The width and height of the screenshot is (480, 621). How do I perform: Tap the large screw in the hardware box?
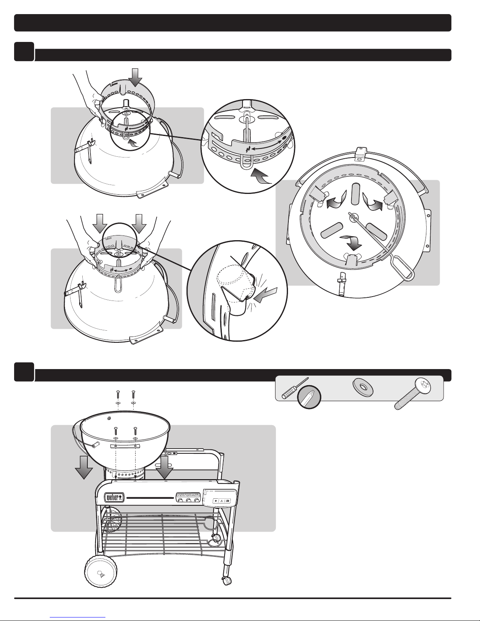pyautogui.click(x=412, y=393)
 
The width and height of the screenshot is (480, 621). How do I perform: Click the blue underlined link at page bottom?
pyautogui.click(x=78, y=617)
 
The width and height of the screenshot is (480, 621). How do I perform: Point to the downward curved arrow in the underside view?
pyautogui.click(x=351, y=241)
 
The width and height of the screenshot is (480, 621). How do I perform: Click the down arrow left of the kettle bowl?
pyautogui.click(x=84, y=467)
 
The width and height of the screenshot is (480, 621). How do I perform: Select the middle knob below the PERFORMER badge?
pyautogui.click(x=188, y=500)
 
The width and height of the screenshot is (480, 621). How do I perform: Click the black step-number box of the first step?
pyautogui.click(x=24, y=51)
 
